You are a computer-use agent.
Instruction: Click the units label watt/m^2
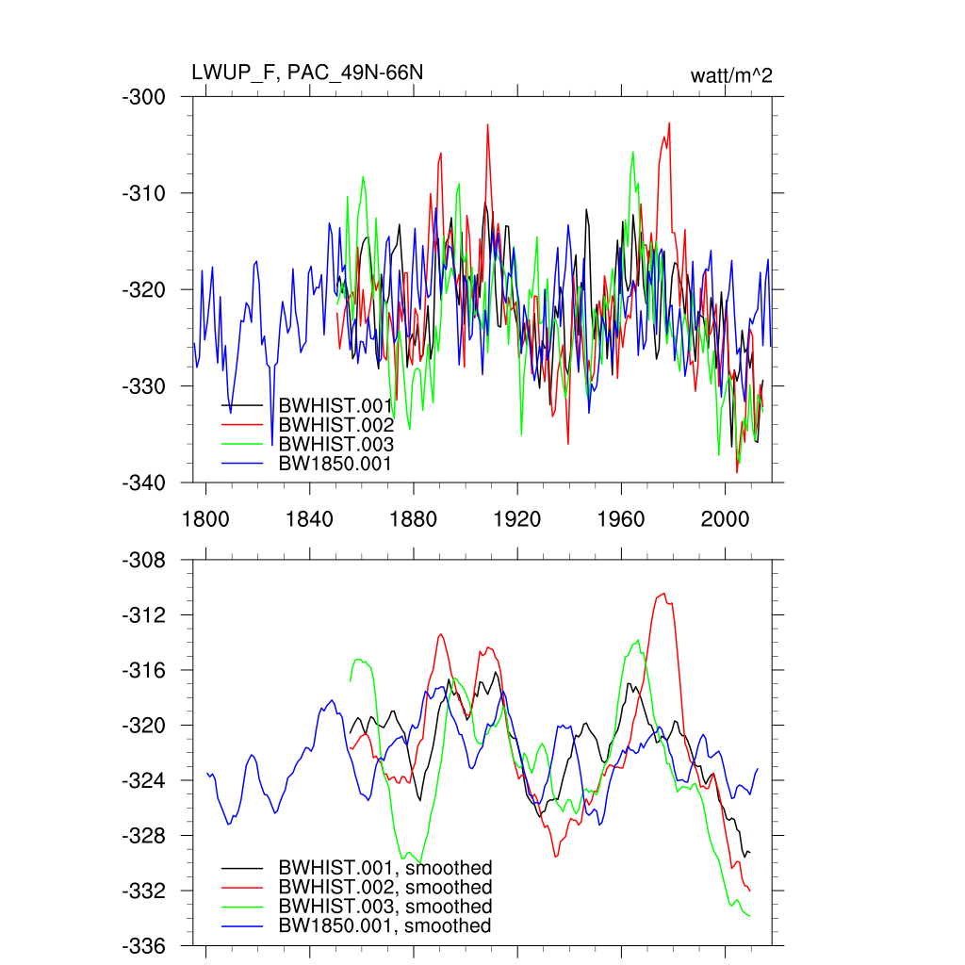731,75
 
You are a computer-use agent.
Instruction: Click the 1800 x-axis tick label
204,518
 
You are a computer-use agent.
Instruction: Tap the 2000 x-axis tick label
725,518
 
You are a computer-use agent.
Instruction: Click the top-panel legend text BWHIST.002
335,425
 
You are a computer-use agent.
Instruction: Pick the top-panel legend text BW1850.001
335,463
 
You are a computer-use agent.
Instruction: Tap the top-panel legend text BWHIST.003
335,444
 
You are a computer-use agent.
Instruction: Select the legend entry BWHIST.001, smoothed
384,868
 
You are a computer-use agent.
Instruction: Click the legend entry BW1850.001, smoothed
384,926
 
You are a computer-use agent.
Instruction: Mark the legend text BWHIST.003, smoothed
384,907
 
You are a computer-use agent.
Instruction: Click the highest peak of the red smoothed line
663,594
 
